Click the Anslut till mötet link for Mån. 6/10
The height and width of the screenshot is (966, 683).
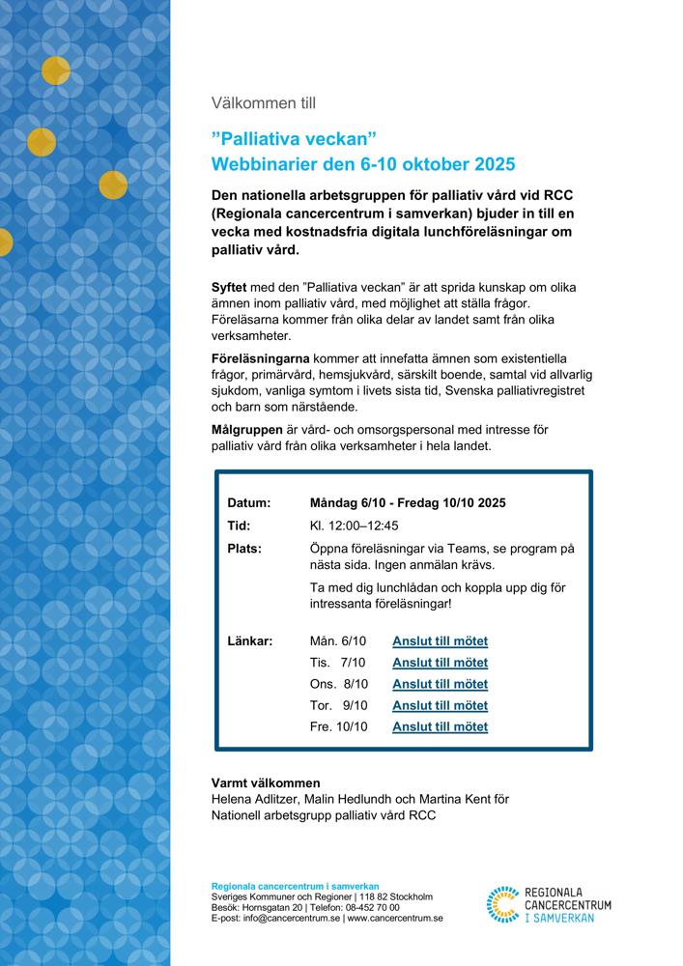440,641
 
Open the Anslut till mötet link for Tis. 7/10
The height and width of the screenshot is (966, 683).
440,663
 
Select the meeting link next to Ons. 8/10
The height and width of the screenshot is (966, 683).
440,684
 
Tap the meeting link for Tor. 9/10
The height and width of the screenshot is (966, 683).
440,705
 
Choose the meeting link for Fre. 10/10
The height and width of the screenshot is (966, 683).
440,726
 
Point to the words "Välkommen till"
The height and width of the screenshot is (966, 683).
263,102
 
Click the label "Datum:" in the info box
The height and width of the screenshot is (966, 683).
248,503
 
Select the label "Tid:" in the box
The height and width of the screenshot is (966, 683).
239,526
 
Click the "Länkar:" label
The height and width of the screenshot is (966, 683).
249,641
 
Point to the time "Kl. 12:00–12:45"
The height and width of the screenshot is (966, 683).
354,526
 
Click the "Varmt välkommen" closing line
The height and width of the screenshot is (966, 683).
265,782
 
